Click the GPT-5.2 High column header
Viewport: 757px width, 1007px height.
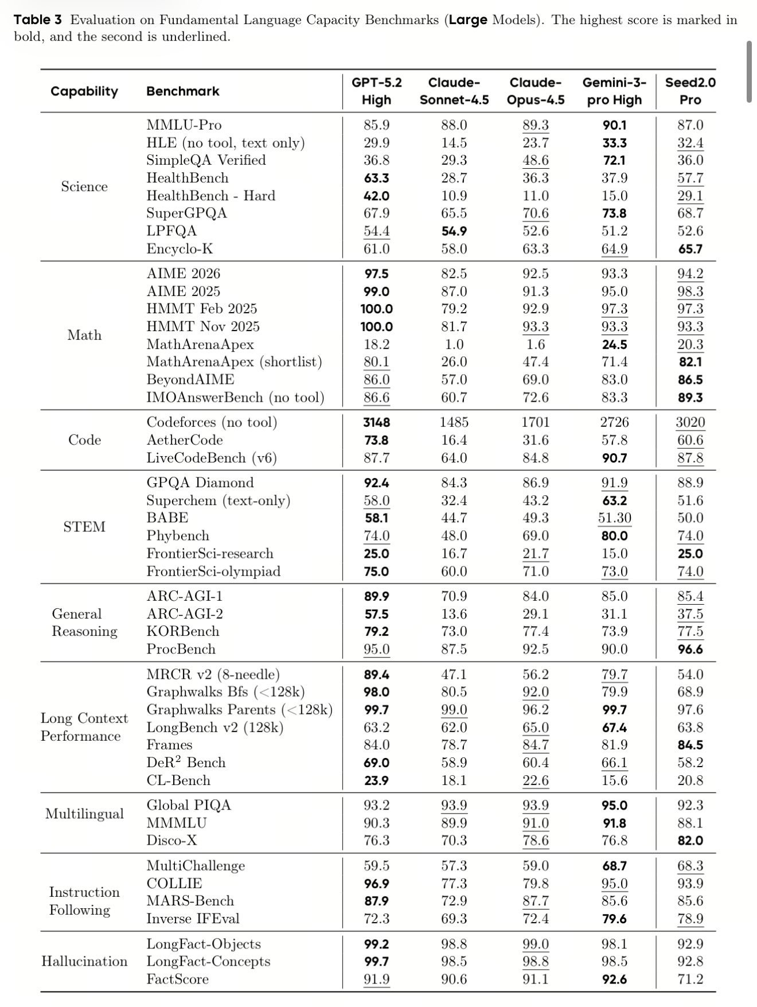376,91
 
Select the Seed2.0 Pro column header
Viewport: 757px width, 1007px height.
690,91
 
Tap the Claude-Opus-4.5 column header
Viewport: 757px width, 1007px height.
535,91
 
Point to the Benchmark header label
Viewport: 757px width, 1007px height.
182,91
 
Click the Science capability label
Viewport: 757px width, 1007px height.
84,186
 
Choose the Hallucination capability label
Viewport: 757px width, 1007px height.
84,961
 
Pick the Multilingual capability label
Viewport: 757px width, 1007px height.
84,814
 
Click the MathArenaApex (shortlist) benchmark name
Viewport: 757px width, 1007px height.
234,361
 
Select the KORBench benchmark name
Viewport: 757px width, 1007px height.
182,631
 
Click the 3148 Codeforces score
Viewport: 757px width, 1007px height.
376,422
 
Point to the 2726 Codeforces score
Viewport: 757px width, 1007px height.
614,422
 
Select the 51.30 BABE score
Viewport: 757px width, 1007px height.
614,518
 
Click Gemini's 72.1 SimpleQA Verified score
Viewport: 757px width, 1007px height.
614,160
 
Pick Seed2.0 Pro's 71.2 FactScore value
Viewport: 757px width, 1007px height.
690,979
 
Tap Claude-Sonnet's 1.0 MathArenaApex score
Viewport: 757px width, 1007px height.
454,344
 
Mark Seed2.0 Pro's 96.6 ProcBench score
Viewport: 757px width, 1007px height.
690,649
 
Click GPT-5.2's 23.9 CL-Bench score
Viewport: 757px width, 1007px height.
376,780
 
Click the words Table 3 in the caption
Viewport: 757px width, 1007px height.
37,20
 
